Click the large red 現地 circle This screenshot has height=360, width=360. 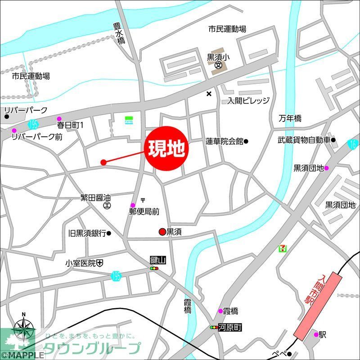(x=166, y=149)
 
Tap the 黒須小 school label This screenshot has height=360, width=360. (x=218, y=57)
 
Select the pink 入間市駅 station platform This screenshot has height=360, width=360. (x=317, y=305)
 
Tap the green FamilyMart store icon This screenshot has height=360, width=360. (x=129, y=121)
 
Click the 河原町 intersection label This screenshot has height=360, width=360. (x=230, y=328)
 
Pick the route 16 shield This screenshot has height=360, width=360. (x=353, y=144)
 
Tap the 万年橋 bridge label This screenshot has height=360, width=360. (x=290, y=118)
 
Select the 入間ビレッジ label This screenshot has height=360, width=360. (x=248, y=100)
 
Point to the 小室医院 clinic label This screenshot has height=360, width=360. (x=81, y=263)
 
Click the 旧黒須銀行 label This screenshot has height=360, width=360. (x=87, y=233)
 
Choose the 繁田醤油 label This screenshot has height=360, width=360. (x=95, y=197)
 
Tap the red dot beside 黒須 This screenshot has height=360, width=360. (x=162, y=232)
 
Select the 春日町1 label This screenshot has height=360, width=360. (x=70, y=125)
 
